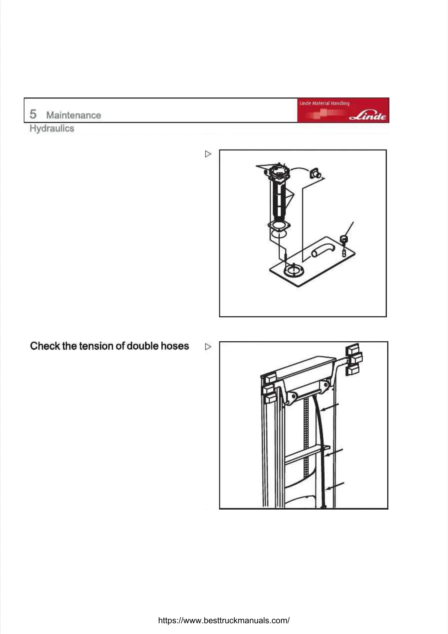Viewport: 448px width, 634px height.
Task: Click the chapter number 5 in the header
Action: tap(33, 114)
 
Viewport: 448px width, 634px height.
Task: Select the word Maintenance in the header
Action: tap(73, 115)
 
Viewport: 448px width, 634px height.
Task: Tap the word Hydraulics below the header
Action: tap(52, 128)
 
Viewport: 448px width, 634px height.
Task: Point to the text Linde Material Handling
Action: tap(324, 103)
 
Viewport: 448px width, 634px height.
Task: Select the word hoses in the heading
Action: tap(175, 346)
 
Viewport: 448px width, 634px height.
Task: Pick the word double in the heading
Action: tap(142, 346)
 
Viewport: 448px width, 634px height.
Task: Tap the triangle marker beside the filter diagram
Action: tap(208, 154)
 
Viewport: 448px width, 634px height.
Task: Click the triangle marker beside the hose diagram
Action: tap(208, 347)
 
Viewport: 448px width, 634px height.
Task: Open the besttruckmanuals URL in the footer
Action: tap(224, 620)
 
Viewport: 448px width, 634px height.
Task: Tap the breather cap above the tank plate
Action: tap(344, 239)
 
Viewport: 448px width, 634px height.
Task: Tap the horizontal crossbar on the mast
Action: tap(306, 454)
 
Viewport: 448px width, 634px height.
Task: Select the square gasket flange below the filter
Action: tap(279, 226)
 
